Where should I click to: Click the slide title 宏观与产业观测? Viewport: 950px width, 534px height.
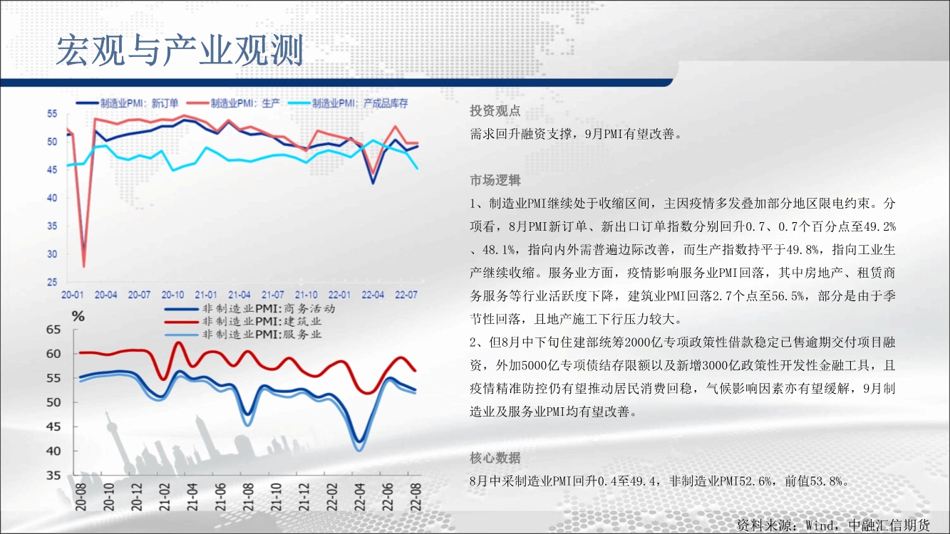click(x=180, y=51)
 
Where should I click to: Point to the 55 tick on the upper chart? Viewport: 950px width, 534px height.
click(x=52, y=114)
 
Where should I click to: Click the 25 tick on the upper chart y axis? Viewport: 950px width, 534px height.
click(x=52, y=282)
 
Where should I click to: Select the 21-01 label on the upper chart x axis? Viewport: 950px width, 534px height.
click(x=206, y=295)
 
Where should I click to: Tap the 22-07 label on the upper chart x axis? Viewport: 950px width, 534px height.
click(x=406, y=295)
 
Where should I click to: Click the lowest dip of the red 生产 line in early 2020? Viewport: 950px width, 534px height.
click(x=83, y=266)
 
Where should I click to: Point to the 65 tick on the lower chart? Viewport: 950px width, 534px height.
click(x=53, y=329)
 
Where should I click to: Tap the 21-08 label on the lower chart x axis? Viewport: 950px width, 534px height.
click(x=248, y=497)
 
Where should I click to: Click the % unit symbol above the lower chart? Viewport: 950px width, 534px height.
click(x=78, y=316)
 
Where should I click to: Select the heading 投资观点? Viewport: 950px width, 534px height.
click(x=495, y=111)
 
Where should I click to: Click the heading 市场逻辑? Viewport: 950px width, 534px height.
click(x=495, y=180)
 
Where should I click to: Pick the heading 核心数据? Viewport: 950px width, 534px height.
click(x=495, y=458)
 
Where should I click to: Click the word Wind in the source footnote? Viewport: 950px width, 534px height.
click(x=820, y=525)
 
